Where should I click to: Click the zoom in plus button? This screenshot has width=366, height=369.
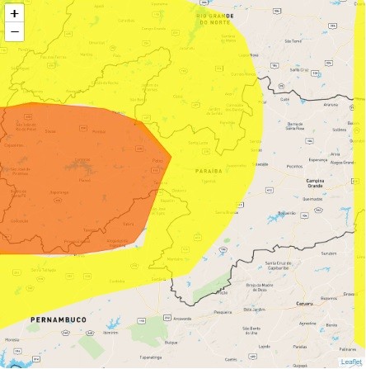[14, 13]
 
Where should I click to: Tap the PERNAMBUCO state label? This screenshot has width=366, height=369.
[58, 319]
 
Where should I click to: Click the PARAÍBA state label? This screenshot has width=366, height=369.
[209, 171]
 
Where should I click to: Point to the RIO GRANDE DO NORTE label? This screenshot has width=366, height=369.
[215, 19]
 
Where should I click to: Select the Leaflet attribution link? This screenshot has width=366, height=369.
[350, 362]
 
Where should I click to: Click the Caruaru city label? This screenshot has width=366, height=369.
[304, 303]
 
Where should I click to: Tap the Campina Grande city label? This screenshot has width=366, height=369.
[315, 182]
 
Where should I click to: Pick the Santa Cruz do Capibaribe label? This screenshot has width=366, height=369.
[278, 265]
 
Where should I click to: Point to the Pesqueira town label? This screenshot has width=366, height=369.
[223, 312]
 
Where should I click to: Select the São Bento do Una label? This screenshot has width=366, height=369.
[251, 329]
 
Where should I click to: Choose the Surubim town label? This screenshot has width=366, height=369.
[329, 253]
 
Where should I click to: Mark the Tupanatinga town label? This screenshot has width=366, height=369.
[150, 357]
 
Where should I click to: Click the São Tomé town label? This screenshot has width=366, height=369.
[293, 40]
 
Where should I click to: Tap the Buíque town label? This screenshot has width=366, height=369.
[171, 341]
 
